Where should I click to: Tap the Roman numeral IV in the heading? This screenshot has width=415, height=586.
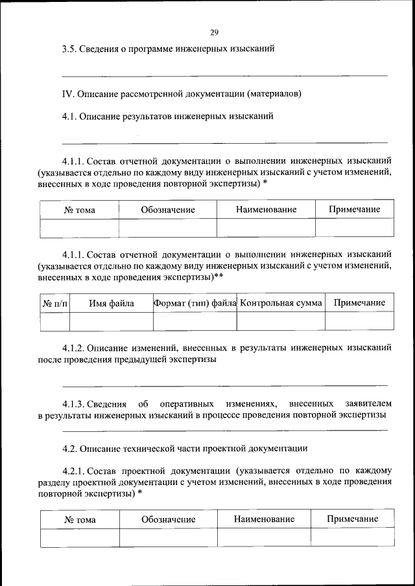click(x=66, y=93)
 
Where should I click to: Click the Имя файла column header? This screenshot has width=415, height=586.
click(x=112, y=303)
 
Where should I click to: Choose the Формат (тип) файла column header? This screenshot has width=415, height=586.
click(x=195, y=303)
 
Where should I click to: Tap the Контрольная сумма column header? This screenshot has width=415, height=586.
click(x=281, y=303)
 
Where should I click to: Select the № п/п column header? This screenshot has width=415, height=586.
click(x=54, y=303)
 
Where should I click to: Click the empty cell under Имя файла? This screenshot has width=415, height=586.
click(x=112, y=321)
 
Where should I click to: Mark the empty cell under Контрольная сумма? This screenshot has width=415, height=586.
click(x=281, y=321)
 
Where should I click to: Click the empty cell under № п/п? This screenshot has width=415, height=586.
click(x=54, y=321)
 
